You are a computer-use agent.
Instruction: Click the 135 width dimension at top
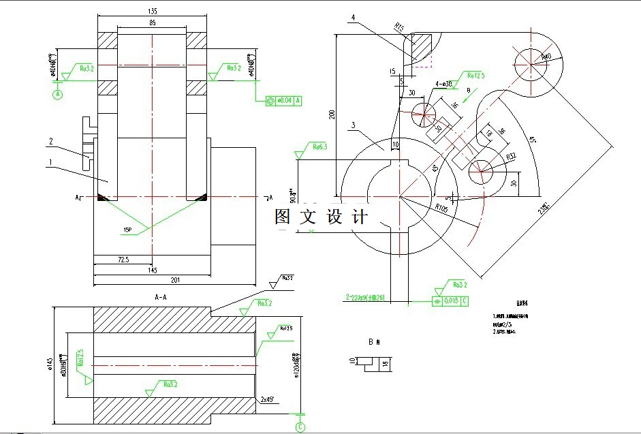click(152, 10)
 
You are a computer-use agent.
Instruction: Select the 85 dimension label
click(151, 22)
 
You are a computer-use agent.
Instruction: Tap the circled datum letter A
click(58, 94)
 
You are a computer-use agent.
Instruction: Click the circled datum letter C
click(300, 427)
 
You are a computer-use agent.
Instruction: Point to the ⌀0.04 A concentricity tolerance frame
click(283, 100)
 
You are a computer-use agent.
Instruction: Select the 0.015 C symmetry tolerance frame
click(450, 300)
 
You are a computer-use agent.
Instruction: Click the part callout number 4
click(354, 17)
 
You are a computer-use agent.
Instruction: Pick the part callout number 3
click(353, 125)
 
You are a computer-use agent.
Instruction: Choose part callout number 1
click(50, 162)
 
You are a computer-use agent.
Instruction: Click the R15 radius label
click(400, 27)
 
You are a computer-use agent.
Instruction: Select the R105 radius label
click(442, 208)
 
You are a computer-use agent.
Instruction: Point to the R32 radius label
click(512, 157)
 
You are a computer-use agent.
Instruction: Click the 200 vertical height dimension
click(332, 114)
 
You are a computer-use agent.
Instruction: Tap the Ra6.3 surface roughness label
click(319, 146)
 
